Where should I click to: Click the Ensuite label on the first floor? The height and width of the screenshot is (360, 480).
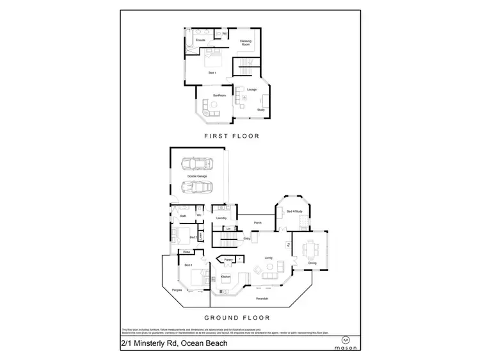[x=200, y=40]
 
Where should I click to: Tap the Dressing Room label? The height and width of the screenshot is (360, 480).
[x=246, y=43]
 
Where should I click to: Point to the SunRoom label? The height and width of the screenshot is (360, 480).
[x=219, y=95]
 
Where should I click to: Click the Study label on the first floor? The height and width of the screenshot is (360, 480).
[x=260, y=110]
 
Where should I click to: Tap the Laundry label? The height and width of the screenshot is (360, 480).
[x=221, y=218]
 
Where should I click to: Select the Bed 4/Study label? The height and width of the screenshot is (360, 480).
[x=294, y=211]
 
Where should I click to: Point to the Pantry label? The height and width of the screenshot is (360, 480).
[x=227, y=259]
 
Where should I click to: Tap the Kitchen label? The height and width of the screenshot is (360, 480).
[x=225, y=277]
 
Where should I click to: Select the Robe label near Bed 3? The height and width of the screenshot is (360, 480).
[x=186, y=252]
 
